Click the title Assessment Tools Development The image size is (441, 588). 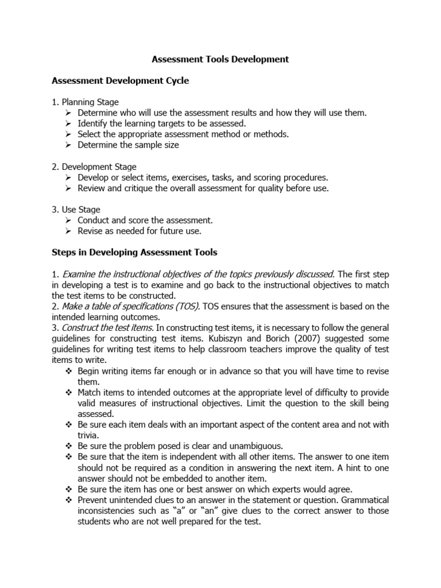(x=220, y=59)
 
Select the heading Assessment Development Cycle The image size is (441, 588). (x=120, y=81)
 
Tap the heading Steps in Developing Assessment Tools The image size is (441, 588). (x=134, y=252)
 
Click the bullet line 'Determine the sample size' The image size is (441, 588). (x=128, y=145)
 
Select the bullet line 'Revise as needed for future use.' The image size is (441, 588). (x=140, y=231)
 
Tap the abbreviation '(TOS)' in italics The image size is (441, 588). (x=186, y=306)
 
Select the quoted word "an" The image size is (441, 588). (x=188, y=511)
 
